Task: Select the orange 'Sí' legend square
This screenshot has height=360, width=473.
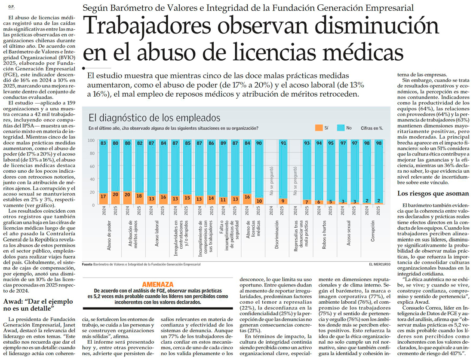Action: point(319,128)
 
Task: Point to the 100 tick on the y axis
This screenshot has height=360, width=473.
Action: point(91,140)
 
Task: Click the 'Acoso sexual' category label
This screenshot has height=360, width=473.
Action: point(349,234)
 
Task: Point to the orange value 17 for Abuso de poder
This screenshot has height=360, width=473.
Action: point(103,196)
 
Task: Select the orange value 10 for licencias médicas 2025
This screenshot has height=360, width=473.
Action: point(258,200)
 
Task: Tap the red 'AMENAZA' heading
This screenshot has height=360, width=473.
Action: point(158,284)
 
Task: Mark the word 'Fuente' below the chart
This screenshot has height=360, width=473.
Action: point(87,264)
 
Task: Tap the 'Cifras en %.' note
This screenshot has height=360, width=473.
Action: point(372,128)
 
